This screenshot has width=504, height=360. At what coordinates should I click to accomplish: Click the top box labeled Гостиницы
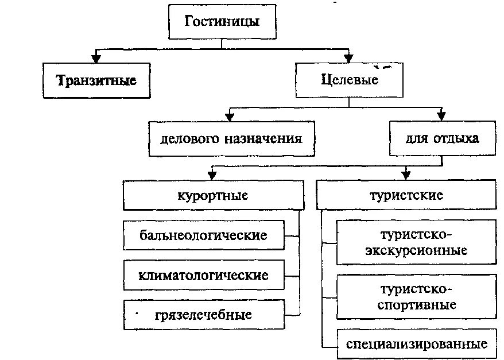coord(222,23)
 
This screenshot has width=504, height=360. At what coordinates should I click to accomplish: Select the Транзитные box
coord(96,80)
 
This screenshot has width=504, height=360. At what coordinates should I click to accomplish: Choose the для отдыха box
coord(441,139)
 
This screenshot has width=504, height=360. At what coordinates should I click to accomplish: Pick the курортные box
coord(212,196)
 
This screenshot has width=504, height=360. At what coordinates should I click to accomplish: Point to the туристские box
coord(406,196)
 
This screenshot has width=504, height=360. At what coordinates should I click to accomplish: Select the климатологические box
coord(203,275)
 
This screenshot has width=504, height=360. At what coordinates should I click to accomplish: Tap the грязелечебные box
coord(203,315)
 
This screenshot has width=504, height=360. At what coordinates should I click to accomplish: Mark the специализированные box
coord(417,344)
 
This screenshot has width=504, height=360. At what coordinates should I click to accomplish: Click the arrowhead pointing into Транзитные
coord(96,59)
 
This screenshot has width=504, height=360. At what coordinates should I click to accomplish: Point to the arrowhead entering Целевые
coord(348,59)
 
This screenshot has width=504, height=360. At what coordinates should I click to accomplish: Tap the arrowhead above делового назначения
coord(230,117)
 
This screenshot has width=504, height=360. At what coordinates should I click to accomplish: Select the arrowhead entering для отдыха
coord(441,117)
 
